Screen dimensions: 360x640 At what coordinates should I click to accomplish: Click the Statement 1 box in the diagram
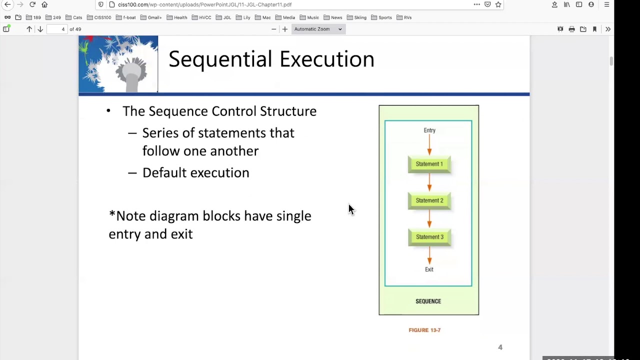(429, 164)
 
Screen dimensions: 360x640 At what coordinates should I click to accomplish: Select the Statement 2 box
(429, 200)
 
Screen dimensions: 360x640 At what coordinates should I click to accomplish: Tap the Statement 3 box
(429, 237)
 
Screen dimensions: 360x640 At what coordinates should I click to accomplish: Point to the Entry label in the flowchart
(429, 130)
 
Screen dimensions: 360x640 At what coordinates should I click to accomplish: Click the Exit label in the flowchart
(429, 269)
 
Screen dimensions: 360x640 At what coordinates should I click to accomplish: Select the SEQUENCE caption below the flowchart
(428, 301)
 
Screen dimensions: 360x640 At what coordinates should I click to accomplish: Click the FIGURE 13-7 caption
(424, 330)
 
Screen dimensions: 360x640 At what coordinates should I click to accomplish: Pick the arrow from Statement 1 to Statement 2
(429, 182)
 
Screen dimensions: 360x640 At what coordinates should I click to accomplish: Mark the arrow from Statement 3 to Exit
(429, 255)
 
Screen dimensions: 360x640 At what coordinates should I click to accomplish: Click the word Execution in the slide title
(326, 59)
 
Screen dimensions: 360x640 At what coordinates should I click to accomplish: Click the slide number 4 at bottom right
(500, 347)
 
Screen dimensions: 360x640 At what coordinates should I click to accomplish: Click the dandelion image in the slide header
(118, 64)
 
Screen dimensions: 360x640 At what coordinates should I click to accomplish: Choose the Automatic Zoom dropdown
(318, 29)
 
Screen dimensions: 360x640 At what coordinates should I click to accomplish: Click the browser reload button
(32, 4)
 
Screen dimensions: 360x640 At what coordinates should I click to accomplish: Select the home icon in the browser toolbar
(44, 4)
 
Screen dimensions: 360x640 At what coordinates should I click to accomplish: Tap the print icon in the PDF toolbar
(571, 29)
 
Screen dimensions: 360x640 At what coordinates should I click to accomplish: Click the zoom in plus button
(284, 29)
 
